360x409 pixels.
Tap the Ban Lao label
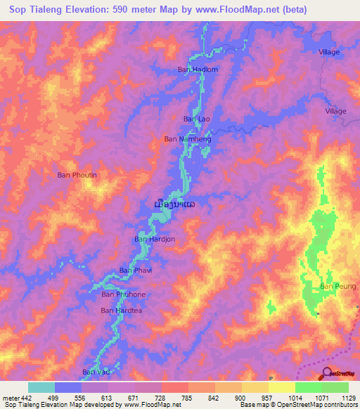(x=197, y=119)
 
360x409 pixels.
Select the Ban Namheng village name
(x=187, y=139)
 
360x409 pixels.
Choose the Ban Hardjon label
(x=154, y=239)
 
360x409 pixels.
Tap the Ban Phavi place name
(x=135, y=270)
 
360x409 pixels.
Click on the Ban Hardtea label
(x=122, y=310)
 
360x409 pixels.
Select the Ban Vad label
(x=96, y=372)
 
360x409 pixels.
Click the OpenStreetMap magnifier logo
(x=327, y=372)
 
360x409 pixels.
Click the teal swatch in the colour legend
(x=41, y=387)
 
